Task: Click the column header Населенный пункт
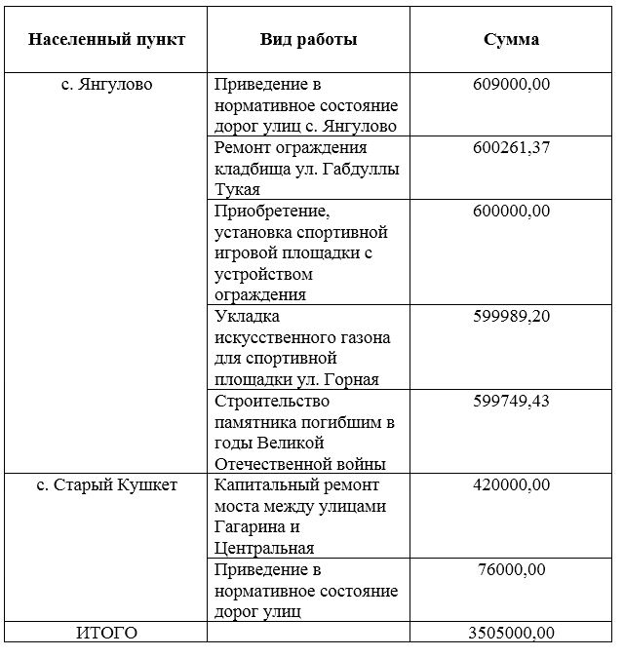106,40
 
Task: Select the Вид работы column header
308,40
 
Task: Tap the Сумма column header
511,40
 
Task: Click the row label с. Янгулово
106,85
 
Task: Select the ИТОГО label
106,634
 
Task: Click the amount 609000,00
511,85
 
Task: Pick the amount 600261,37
511,148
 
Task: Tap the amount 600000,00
511,212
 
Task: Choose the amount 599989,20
511,317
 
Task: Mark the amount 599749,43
511,402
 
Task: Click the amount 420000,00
511,485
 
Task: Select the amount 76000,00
511,570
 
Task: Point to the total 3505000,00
511,634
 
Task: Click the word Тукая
237,190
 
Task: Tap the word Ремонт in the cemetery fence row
245,148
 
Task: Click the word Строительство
273,402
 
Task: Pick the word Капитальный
263,485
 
